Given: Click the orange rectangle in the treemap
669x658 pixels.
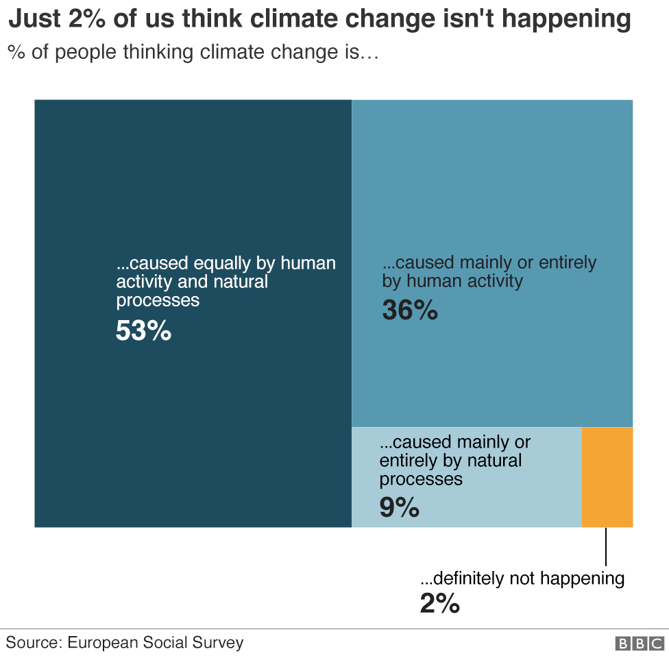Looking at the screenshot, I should pyautogui.click(x=607, y=477).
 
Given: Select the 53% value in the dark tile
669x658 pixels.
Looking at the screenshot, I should pyautogui.click(x=143, y=331).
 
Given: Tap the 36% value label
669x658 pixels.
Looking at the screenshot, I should pyautogui.click(x=410, y=310).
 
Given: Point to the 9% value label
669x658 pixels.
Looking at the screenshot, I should pyautogui.click(x=399, y=508).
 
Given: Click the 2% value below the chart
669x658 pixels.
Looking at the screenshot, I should pyautogui.click(x=439, y=603).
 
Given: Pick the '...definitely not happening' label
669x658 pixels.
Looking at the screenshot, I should pyautogui.click(x=522, y=578).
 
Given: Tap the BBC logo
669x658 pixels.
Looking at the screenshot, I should pyautogui.click(x=640, y=644).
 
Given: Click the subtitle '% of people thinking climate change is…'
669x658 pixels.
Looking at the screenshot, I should pyautogui.click(x=193, y=53).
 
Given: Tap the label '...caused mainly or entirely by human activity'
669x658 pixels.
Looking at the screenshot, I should pyautogui.click(x=489, y=271).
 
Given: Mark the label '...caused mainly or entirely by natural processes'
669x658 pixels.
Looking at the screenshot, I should pyautogui.click(x=454, y=460).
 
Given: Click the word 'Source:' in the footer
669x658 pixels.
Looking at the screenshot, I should pyautogui.click(x=35, y=643).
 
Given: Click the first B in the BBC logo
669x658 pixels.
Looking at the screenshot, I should pyautogui.click(x=623, y=644).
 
